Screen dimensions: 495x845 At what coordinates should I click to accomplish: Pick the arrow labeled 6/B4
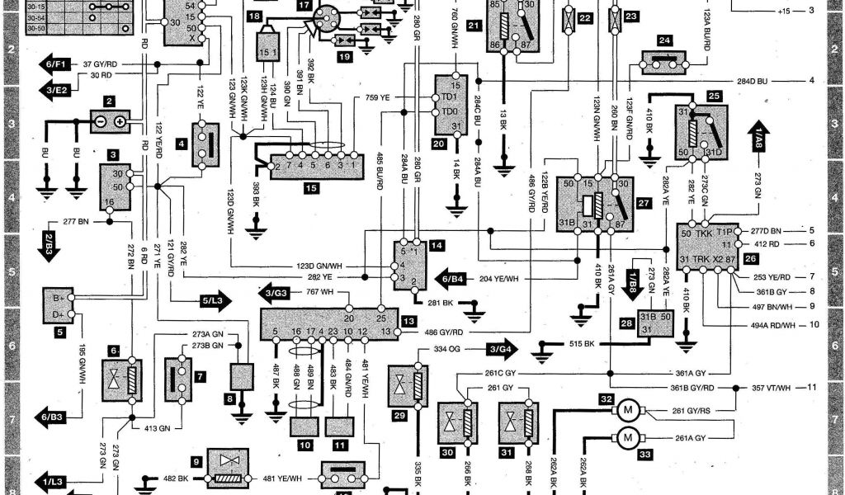tap(452, 278)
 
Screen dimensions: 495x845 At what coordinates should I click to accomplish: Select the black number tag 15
tap(310, 188)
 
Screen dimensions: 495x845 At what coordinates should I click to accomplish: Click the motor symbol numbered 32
tap(628, 409)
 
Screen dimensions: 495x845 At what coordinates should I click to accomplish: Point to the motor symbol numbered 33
tap(628, 436)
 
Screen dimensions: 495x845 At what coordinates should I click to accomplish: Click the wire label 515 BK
tap(577, 343)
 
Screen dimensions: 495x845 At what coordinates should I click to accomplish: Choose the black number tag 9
tap(197, 461)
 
